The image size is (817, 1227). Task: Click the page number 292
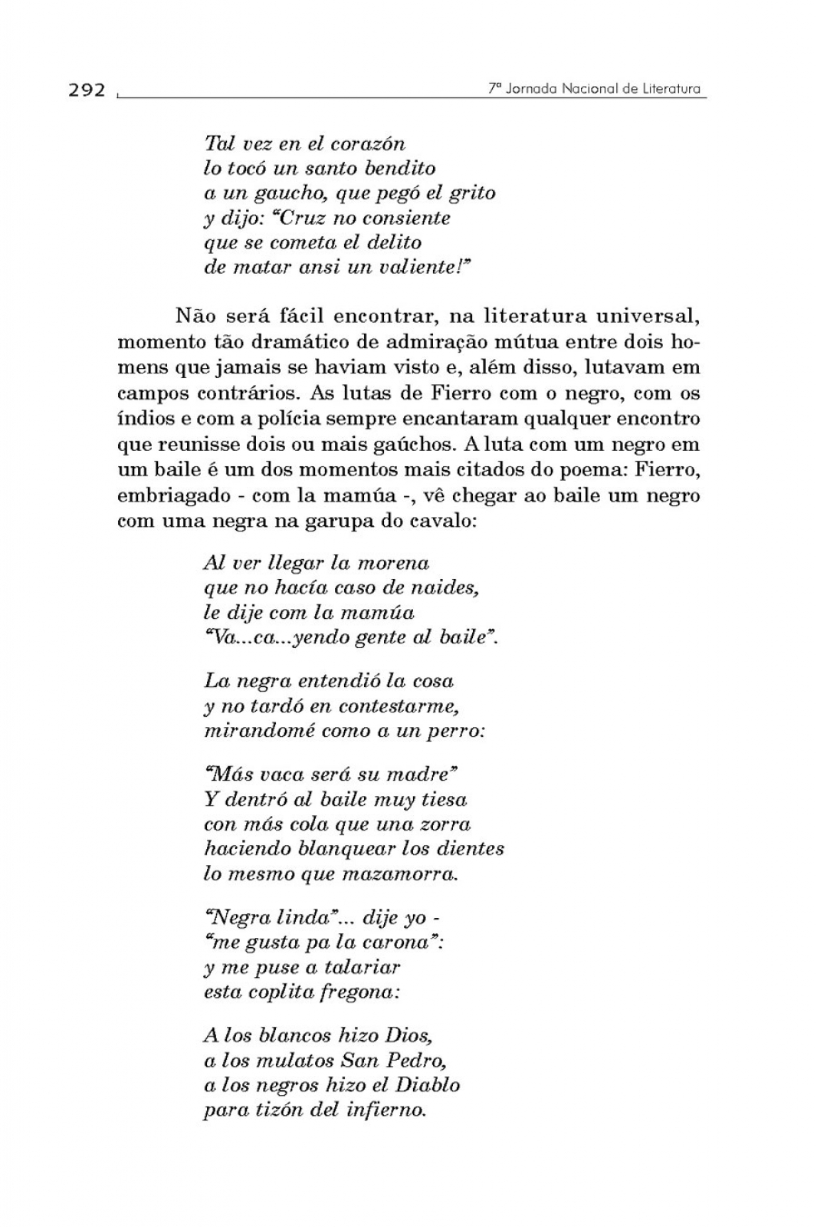pos(87,90)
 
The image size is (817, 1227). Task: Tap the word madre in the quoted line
pos(421,774)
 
